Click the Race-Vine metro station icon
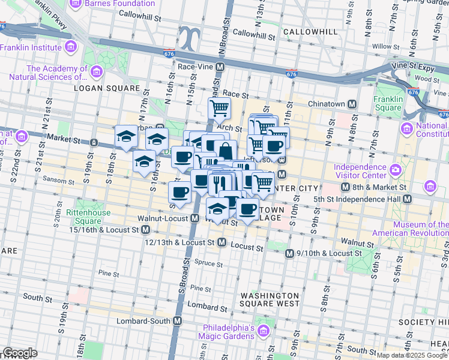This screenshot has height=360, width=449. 220,67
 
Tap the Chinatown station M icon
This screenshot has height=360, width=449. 352,104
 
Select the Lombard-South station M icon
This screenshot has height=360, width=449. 177,321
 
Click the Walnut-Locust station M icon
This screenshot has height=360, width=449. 195,219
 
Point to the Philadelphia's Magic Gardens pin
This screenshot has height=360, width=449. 262,331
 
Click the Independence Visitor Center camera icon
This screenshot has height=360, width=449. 396,170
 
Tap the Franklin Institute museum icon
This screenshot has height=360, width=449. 71,47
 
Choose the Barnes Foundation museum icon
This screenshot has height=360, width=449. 76,4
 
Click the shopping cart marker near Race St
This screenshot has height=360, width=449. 220,109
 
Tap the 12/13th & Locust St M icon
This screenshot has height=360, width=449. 221,242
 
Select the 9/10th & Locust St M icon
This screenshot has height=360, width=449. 289,253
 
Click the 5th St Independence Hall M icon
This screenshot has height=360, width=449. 408,199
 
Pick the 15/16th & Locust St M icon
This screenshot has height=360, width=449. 145,229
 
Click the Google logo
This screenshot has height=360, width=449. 20,353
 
